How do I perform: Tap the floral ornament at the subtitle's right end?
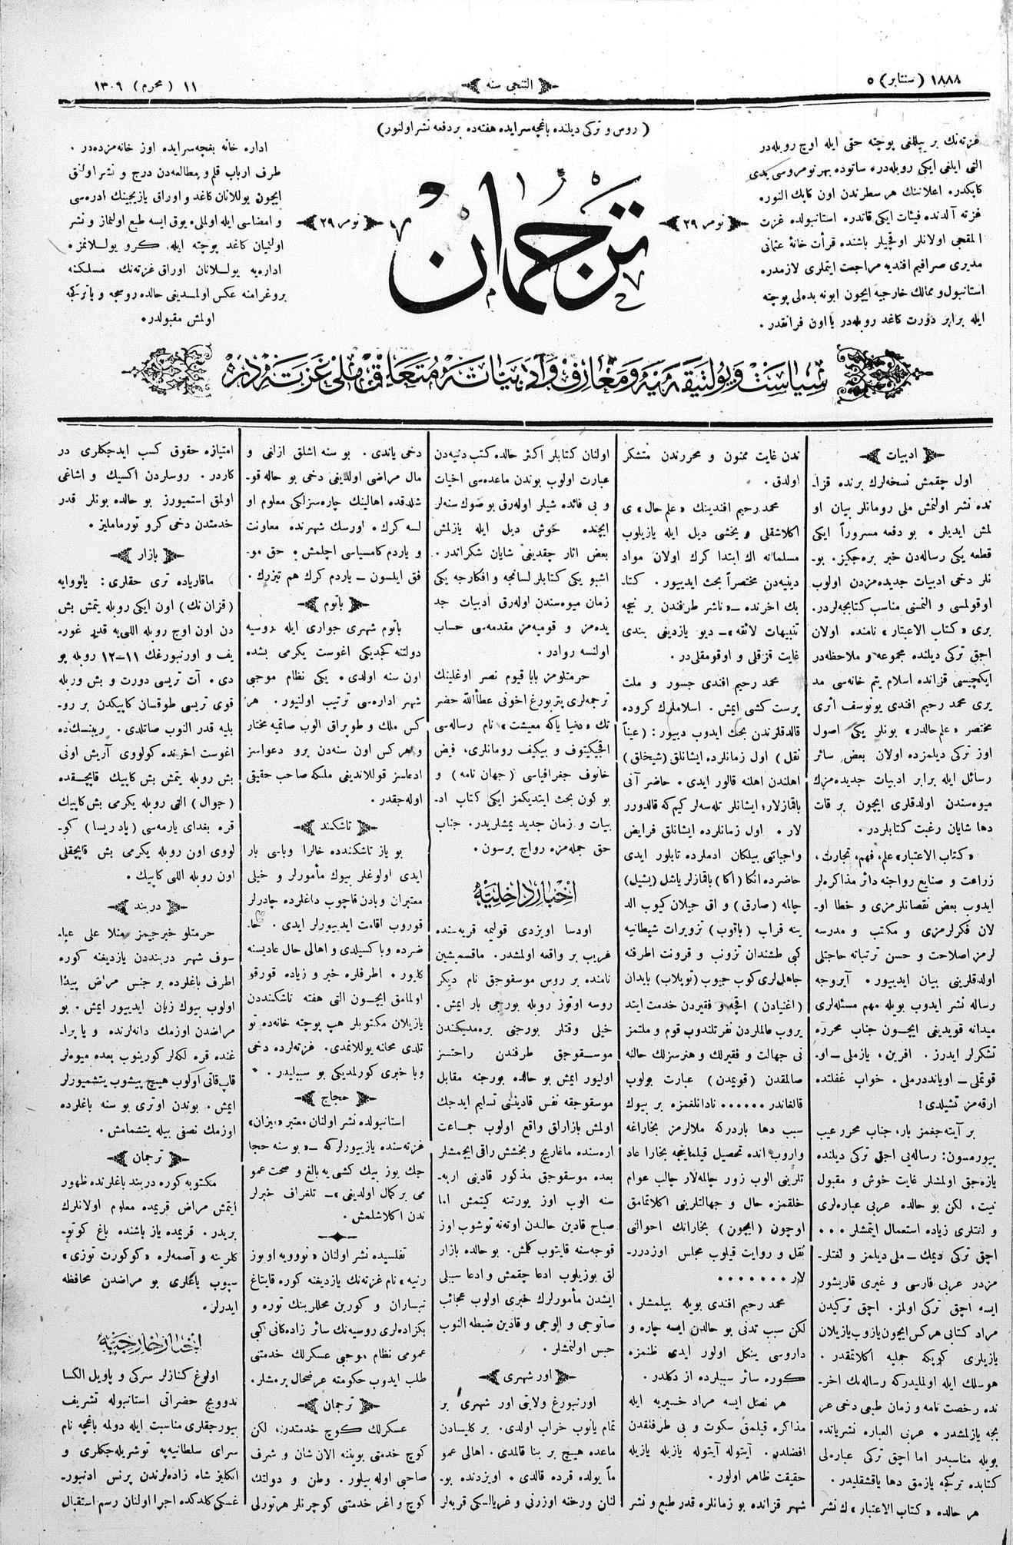click(884, 367)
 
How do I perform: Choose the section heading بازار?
click(145, 552)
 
